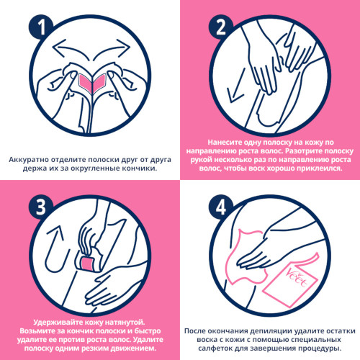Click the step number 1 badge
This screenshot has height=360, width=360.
click(x=41, y=27)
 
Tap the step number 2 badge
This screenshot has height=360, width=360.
click(x=221, y=27)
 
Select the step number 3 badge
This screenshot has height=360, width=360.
click(x=41, y=207)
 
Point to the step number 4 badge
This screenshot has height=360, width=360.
click(x=221, y=207)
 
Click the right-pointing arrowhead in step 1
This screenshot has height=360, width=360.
click(x=124, y=47)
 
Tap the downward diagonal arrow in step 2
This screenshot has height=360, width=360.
click(x=236, y=86)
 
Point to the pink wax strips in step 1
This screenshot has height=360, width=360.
click(x=92, y=84)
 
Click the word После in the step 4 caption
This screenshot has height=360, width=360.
click(x=194, y=331)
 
